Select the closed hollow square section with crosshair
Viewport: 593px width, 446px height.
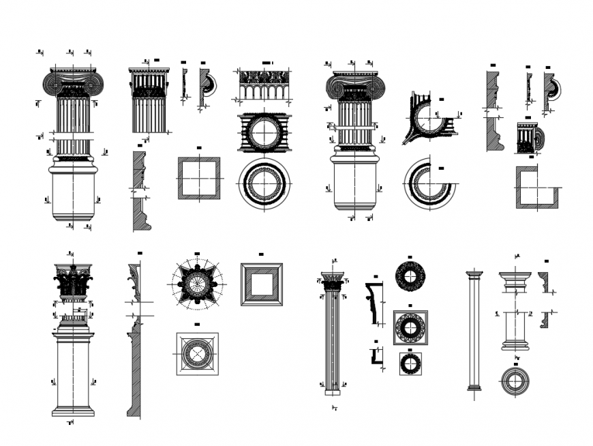[x=199, y=178]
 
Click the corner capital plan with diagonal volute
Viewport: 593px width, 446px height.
[x=429, y=117]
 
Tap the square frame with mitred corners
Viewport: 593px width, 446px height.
[x=262, y=284]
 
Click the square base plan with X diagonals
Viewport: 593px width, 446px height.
[x=197, y=353]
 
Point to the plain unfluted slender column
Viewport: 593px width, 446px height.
[x=474, y=330]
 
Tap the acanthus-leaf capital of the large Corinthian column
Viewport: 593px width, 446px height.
[x=73, y=282]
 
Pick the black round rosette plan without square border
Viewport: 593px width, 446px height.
[x=410, y=276]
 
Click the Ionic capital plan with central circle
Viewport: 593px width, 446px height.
[x=264, y=133]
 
